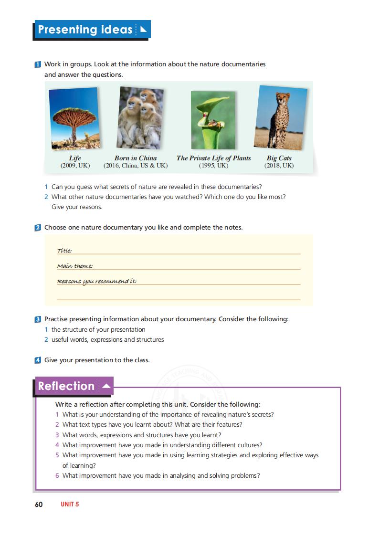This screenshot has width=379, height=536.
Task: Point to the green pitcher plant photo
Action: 213,120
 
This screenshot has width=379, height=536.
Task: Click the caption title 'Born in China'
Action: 136,158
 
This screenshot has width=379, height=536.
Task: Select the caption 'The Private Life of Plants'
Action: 213,158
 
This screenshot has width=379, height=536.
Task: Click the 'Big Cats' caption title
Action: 279,158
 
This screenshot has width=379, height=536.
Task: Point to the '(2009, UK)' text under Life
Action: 75,166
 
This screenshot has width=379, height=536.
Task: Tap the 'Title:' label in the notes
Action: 64,251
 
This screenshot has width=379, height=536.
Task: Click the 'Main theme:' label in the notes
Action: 74,266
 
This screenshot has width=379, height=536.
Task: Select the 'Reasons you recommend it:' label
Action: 97,281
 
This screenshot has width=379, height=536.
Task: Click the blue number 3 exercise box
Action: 38,319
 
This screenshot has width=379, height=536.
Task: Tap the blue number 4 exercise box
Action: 38,360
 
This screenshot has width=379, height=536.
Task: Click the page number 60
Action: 39,504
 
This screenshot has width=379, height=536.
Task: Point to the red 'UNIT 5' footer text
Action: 70,504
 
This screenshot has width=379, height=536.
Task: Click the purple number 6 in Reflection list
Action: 57,475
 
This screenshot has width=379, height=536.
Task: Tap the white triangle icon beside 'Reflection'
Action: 106,386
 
